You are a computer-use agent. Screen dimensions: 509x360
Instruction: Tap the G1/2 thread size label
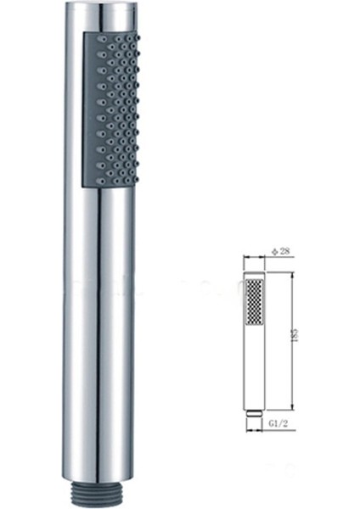point(273,418)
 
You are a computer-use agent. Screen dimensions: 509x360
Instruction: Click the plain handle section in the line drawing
point(251,365)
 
